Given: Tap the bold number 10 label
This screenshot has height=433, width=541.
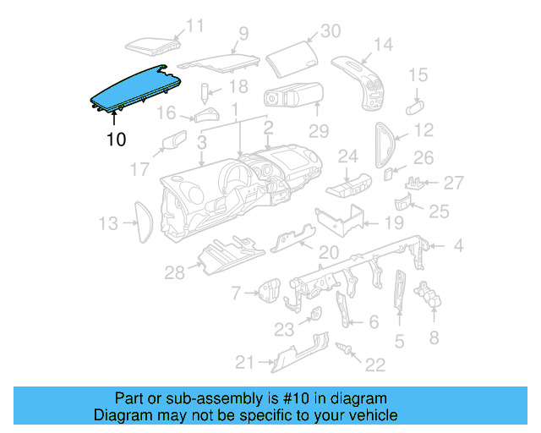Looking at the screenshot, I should (116, 140).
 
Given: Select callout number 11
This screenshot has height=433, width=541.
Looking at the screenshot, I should (195, 26).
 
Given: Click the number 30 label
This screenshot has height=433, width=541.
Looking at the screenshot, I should (330, 31).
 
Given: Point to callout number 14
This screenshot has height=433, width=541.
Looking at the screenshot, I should (383, 43).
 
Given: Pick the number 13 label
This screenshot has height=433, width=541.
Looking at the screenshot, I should (107, 223).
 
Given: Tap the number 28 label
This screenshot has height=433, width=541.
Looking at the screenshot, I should (174, 271).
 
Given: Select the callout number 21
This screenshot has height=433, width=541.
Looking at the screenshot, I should (244, 363).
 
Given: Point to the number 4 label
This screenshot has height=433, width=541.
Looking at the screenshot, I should (458, 247).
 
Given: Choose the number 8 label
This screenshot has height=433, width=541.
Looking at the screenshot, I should (434, 338).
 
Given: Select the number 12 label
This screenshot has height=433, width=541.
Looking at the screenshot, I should (424, 130).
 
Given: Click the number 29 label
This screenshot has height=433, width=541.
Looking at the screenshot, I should (318, 131).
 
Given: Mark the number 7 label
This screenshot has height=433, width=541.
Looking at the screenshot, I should (236, 293).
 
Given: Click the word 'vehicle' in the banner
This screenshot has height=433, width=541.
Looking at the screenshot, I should (373, 416).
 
